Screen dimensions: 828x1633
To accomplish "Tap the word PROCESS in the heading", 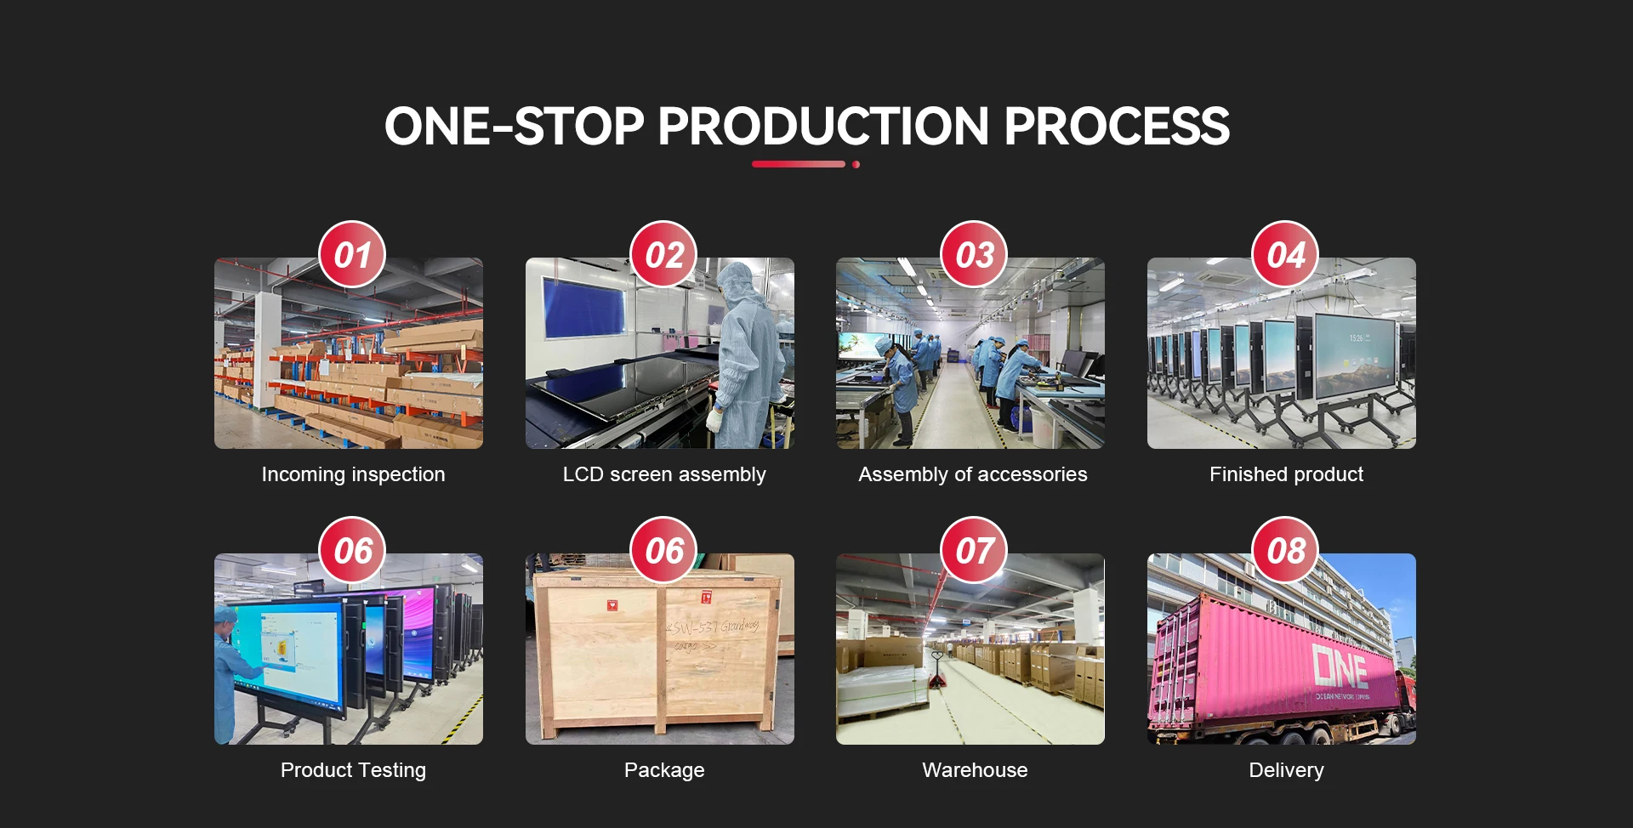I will [x=1117, y=127].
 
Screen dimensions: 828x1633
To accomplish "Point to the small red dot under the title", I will [x=856, y=164].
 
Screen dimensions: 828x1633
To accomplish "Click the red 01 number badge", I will [x=352, y=254].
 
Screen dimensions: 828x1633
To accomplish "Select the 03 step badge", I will [x=974, y=254].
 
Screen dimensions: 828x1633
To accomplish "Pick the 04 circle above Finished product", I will [x=1285, y=254].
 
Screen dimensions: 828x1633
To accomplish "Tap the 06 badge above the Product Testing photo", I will [x=352, y=550].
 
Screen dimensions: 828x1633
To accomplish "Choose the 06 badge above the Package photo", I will [x=663, y=550].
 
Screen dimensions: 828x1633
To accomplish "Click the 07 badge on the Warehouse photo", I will [x=974, y=550].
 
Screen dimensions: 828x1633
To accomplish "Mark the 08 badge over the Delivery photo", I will [x=1285, y=550].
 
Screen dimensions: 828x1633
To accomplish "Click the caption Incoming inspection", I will [x=353, y=474].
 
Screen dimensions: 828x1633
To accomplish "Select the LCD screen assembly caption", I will [x=664, y=474].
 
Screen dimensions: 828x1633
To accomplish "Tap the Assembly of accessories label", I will [x=972, y=474].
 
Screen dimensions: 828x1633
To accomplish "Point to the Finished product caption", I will [x=1286, y=474].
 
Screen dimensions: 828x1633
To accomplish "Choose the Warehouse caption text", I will [x=975, y=770].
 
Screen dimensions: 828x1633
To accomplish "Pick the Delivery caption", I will [x=1286, y=770].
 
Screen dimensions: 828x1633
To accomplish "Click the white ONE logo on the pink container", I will [x=1340, y=666].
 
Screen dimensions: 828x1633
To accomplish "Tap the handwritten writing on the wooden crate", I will [x=710, y=634].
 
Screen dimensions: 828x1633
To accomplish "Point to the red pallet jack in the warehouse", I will [x=937, y=672].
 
